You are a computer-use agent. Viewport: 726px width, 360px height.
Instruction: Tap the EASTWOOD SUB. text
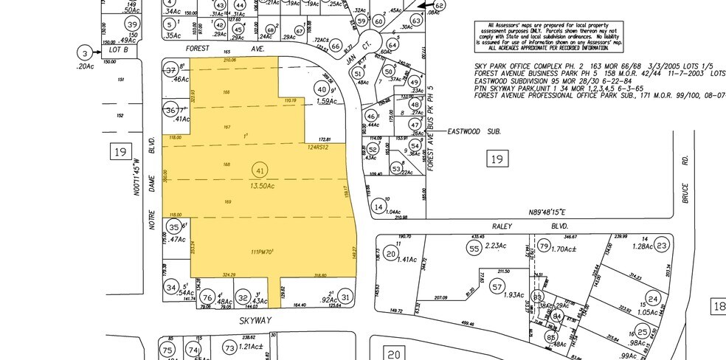pyautogui.click(x=474, y=131)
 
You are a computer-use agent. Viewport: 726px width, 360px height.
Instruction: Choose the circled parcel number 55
pyautogui.click(x=474, y=250)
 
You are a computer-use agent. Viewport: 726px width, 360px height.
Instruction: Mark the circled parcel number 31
pyautogui.click(x=346, y=297)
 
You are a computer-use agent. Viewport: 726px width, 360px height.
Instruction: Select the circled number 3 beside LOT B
pyautogui.click(x=86, y=53)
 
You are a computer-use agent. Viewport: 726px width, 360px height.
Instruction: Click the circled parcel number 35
pyautogui.click(x=173, y=227)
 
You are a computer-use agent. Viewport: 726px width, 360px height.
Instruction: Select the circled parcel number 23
pyautogui.click(x=662, y=246)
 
